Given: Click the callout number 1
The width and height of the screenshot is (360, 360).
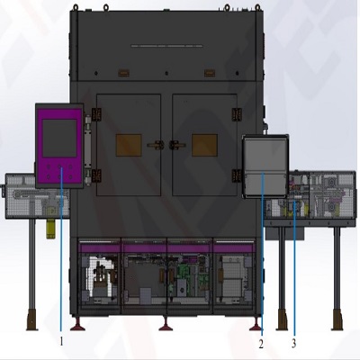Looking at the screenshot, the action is pyautogui.click(x=61, y=341).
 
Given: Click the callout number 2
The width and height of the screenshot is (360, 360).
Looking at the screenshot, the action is pyautogui.click(x=261, y=344).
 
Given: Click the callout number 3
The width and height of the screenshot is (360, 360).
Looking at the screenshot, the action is pyautogui.click(x=294, y=343).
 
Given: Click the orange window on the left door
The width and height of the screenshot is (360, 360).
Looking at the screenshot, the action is pyautogui.click(x=129, y=145).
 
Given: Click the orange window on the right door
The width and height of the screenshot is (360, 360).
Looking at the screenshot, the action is pyautogui.click(x=204, y=145).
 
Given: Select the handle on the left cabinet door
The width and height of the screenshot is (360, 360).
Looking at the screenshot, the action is pyautogui.click(x=156, y=145).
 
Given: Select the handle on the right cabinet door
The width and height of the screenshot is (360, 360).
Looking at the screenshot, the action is pyautogui.click(x=177, y=145).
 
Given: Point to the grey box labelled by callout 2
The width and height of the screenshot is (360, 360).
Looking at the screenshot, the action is pyautogui.click(x=265, y=166).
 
